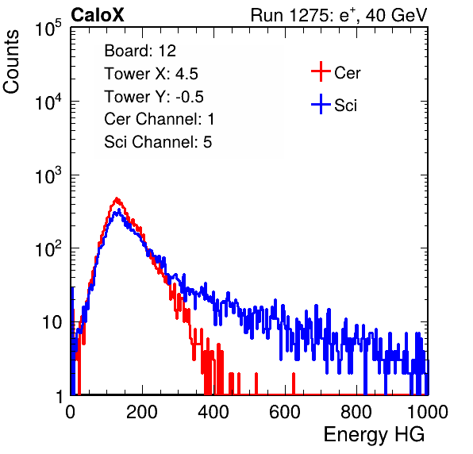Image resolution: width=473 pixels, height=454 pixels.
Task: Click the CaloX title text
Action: pos(98,15)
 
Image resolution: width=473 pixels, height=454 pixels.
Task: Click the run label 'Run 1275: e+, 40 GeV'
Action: pos(339,15)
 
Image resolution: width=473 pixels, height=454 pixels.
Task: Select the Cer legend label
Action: pos(347,73)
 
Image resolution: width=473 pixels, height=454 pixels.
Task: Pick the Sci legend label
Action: pos(345,106)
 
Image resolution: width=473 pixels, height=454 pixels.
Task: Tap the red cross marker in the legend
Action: pos(321,71)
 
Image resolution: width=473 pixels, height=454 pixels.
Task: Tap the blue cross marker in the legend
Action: pos(321,105)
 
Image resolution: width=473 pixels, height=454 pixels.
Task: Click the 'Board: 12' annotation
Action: pos(140,51)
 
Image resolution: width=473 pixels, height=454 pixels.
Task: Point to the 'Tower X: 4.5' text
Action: pos(151,74)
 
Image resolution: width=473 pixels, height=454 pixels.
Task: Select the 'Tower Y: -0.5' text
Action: pos(154,97)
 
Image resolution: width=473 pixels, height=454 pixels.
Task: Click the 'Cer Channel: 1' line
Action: pos(160,119)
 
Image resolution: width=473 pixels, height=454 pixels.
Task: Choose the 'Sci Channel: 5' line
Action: pos(158,142)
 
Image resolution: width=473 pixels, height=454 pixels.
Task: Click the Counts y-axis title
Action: pos(11,62)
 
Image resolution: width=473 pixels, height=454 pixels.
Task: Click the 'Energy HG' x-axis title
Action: pos(374,434)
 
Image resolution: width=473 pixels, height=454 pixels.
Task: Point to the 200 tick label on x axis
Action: pos(142,412)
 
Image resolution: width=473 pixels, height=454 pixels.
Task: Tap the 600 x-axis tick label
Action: pos(285,412)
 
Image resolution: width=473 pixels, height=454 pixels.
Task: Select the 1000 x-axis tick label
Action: pos(428,412)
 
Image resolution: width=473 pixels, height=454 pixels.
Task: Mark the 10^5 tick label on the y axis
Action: pos(48,28)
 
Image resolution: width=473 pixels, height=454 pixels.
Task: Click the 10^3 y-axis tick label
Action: pos(48,175)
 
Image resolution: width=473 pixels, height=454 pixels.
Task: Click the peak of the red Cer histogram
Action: pos(117,198)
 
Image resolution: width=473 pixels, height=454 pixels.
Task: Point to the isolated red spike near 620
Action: pos(293,383)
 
